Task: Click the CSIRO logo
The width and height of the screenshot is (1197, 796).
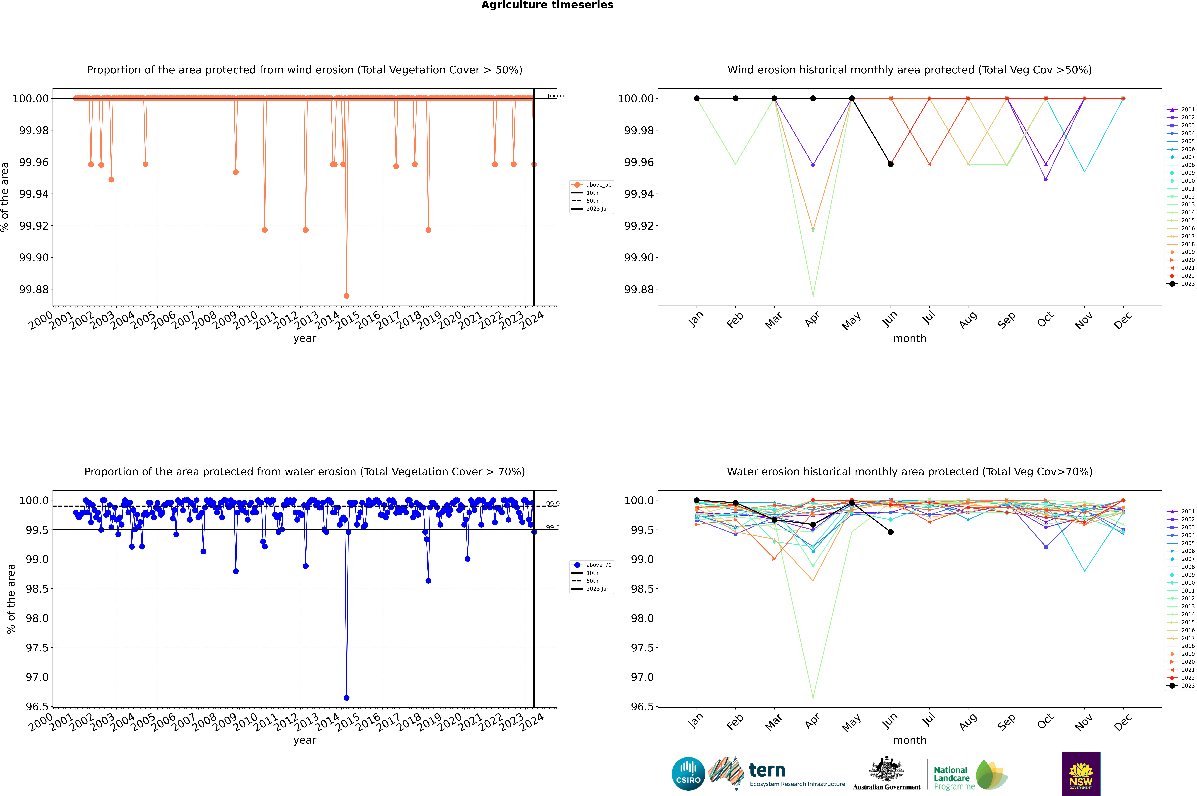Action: [x=688, y=774]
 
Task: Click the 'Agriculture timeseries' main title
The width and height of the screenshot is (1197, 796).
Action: [x=547, y=5]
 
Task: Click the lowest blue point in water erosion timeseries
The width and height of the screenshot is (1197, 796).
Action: [x=347, y=697]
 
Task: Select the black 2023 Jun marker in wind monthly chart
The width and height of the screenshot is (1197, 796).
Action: [x=891, y=164]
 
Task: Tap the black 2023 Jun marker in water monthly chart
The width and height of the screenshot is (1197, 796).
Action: [x=891, y=532]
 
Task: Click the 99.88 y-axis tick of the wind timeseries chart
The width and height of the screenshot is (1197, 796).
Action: [x=34, y=289]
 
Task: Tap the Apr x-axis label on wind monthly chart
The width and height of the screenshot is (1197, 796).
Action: [x=812, y=320]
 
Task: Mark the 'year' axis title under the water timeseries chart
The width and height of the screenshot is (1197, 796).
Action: [x=304, y=740]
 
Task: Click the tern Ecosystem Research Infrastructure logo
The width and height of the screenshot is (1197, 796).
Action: [x=776, y=774]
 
